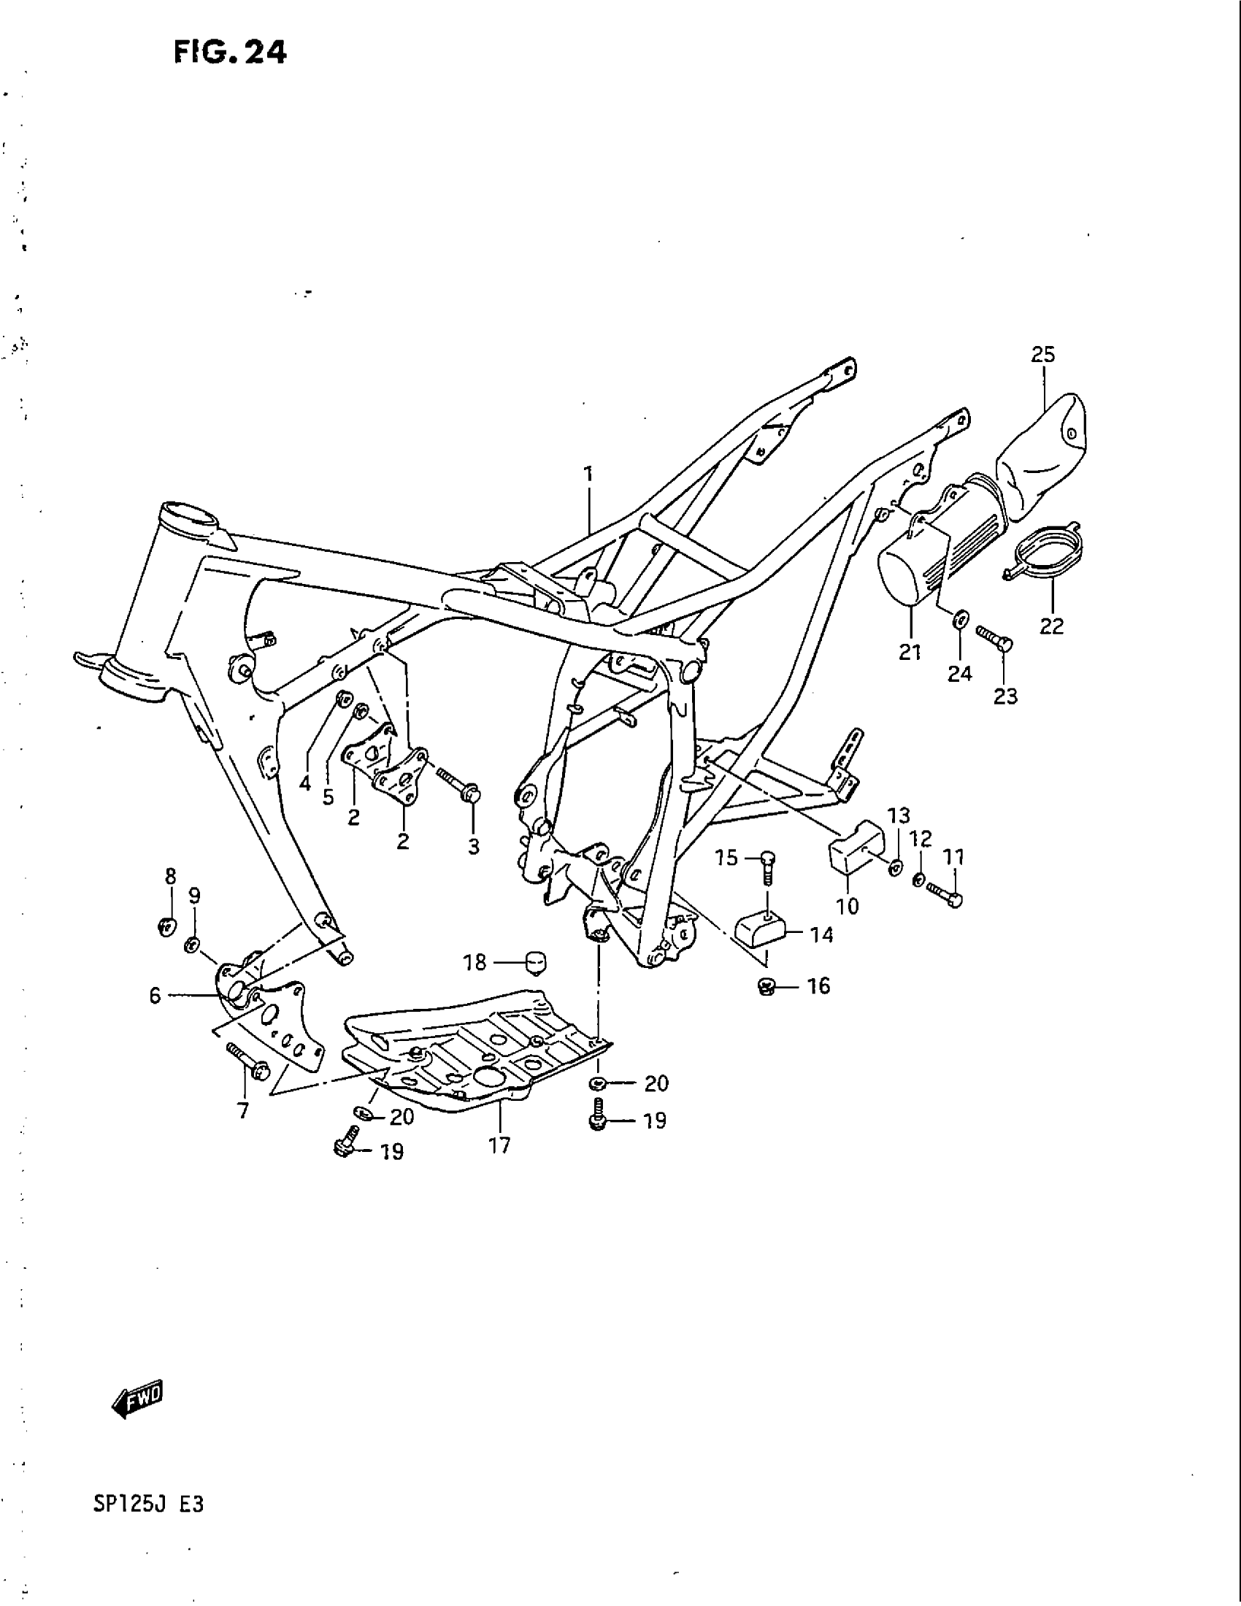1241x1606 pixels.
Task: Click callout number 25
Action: (x=1042, y=355)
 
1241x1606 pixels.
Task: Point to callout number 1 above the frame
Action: (x=588, y=474)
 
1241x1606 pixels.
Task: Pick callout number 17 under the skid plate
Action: (x=499, y=1145)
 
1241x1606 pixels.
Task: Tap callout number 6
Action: (x=154, y=996)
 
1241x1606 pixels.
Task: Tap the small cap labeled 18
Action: (x=537, y=961)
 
